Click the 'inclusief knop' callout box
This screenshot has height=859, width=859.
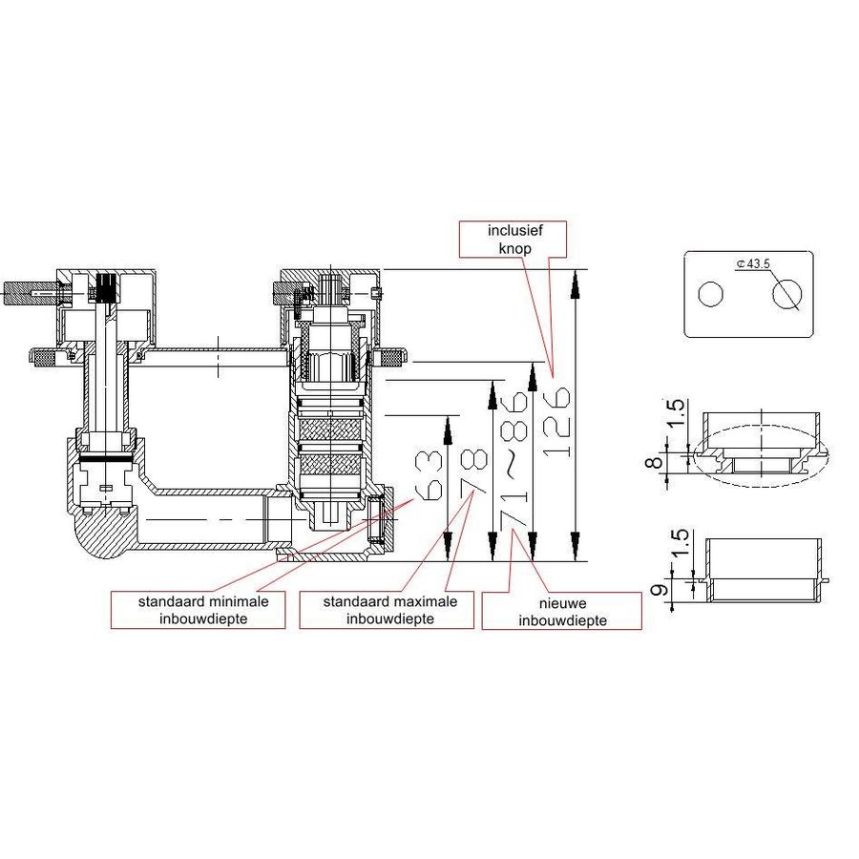tap(513, 239)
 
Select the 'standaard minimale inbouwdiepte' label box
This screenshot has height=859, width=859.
tap(199, 611)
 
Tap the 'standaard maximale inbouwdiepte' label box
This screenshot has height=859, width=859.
tap(386, 611)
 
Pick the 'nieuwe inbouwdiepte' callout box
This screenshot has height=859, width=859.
tap(561, 611)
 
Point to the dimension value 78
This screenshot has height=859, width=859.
tap(470, 474)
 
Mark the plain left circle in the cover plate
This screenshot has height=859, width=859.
tap(711, 296)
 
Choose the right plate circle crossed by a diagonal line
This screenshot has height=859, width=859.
tap(788, 296)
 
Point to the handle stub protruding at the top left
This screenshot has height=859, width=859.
tap(26, 290)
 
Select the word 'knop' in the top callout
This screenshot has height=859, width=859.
tap(513, 247)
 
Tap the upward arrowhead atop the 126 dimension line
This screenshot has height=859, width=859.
tap(576, 280)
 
